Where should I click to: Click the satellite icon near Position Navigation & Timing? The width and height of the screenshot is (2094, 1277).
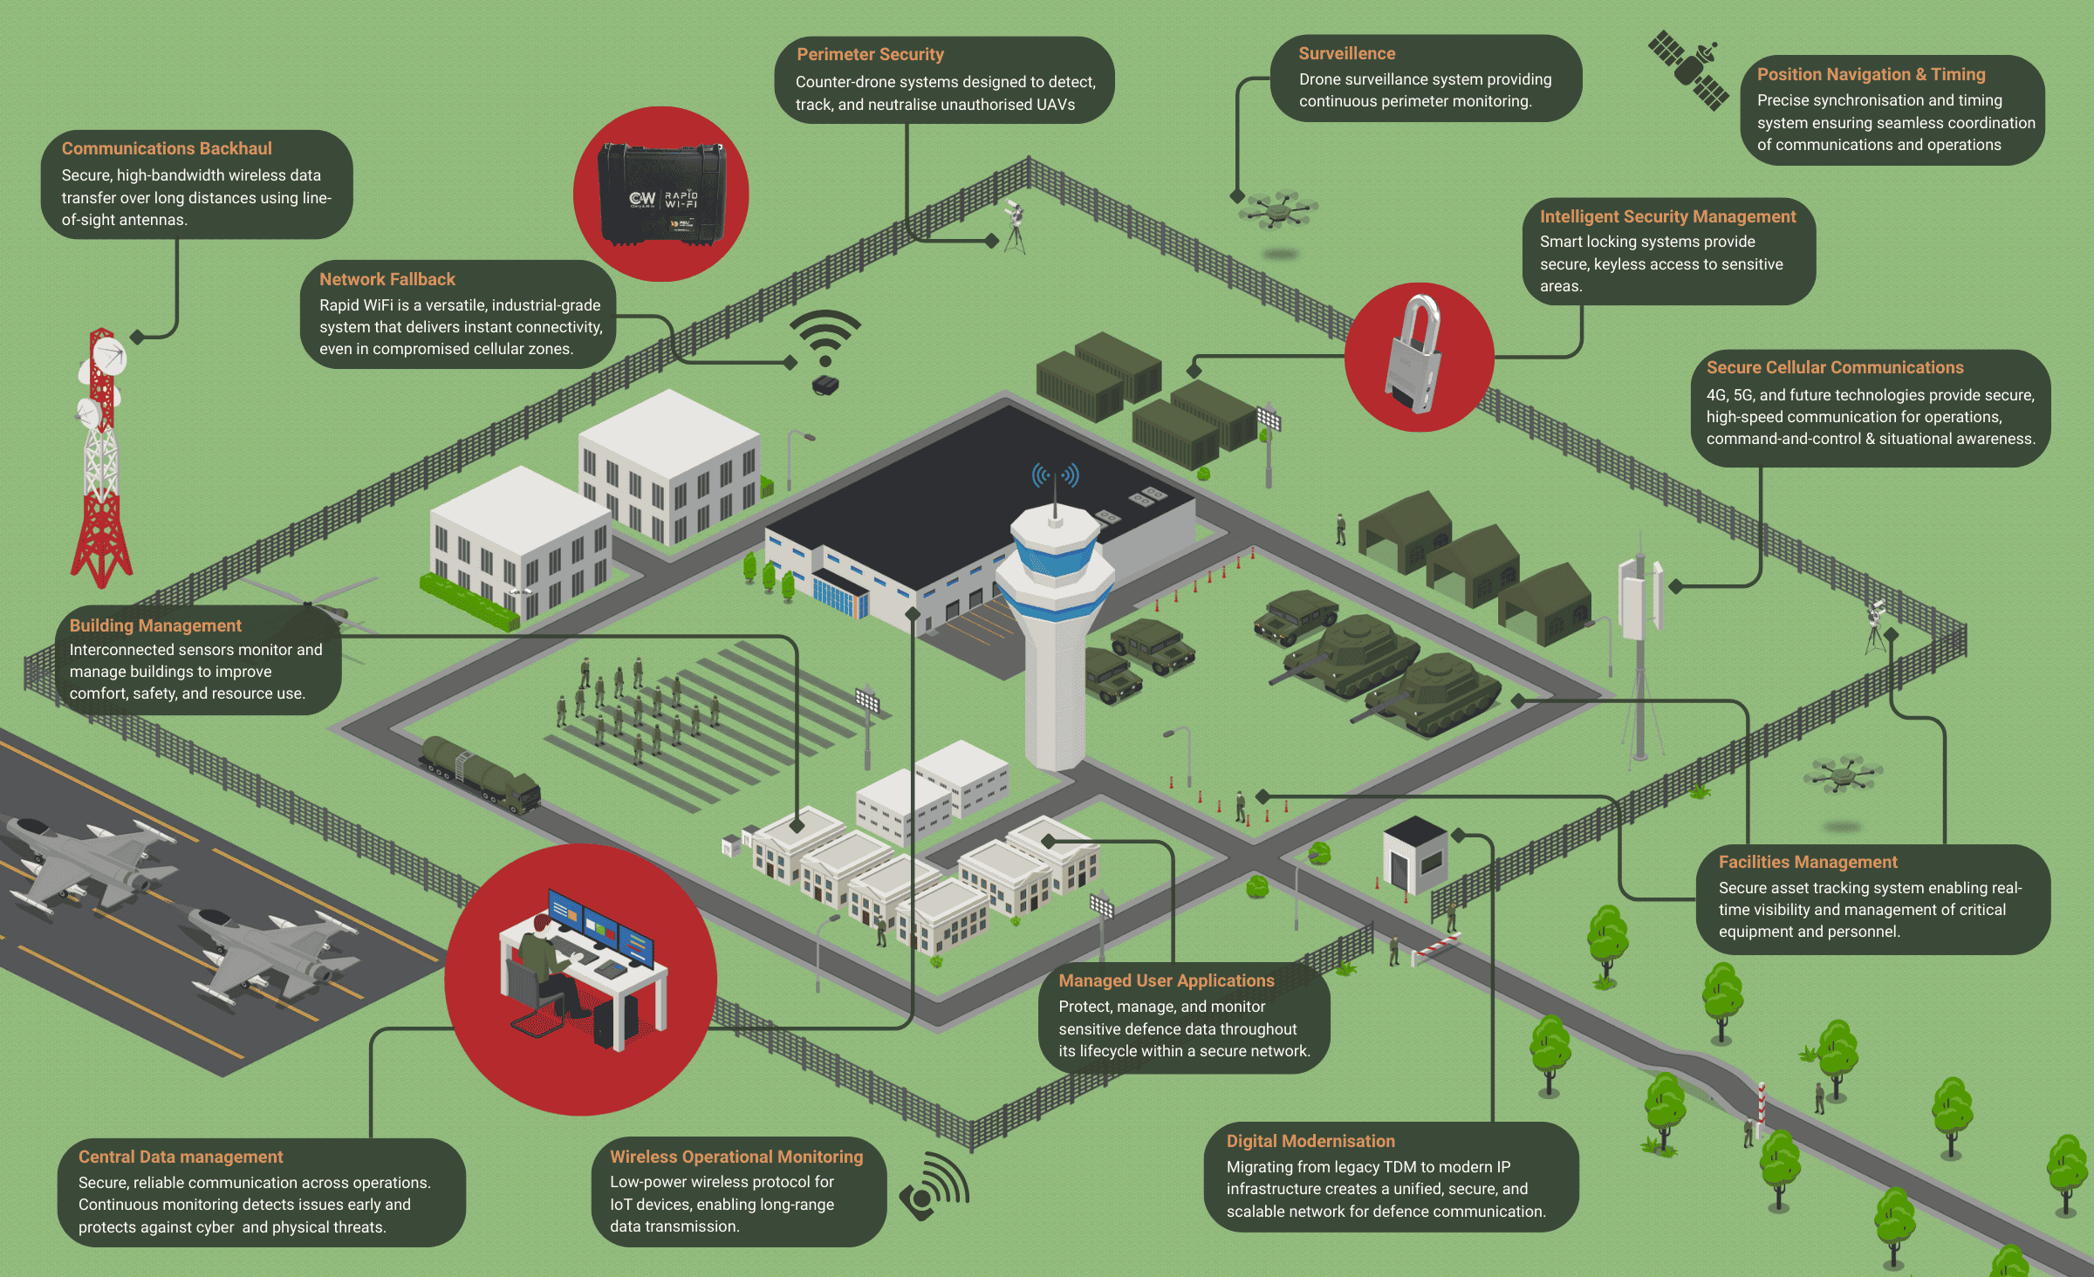[x=1688, y=70]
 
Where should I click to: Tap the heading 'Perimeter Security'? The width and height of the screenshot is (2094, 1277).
[x=870, y=54]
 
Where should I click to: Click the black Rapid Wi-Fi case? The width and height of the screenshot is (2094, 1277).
[x=661, y=195]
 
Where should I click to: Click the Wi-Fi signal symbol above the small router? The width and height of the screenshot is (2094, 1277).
[x=825, y=336]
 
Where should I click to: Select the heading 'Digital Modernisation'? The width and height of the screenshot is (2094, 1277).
[x=1310, y=1141]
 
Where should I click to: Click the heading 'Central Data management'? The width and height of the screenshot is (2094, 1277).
[x=181, y=1157]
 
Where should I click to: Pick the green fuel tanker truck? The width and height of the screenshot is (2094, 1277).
[x=481, y=773]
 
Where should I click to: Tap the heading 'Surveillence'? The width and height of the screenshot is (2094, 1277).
[x=1346, y=53]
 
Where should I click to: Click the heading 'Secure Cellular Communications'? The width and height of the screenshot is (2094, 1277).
[x=1835, y=367]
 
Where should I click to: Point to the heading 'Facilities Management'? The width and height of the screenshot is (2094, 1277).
[x=1808, y=862]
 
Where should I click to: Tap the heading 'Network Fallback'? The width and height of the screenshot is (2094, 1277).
[x=387, y=279]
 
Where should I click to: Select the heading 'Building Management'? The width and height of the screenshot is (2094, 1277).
[x=155, y=625]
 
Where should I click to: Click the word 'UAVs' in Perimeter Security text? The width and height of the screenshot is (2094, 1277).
[x=1055, y=105]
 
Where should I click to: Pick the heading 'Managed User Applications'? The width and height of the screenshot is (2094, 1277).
[x=1167, y=980]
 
